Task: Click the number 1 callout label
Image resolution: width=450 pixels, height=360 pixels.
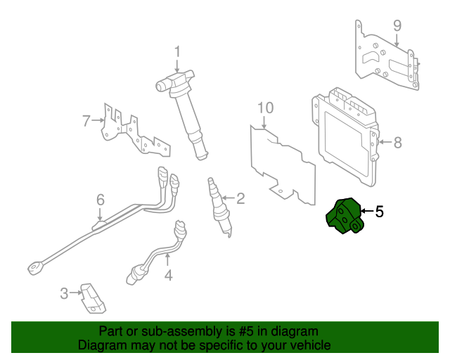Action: point(177,51)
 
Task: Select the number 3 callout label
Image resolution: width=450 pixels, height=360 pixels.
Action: point(64,293)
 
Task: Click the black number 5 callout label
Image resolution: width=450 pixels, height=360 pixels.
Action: point(379,211)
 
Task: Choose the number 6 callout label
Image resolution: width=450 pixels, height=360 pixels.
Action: point(100,200)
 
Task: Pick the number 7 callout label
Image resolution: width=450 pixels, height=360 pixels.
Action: point(86,121)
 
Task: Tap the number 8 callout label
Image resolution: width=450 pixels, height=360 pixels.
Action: point(397,143)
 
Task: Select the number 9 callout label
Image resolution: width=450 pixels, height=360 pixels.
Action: point(397,26)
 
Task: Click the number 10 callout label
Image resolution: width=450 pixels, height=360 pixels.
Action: point(264,108)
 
